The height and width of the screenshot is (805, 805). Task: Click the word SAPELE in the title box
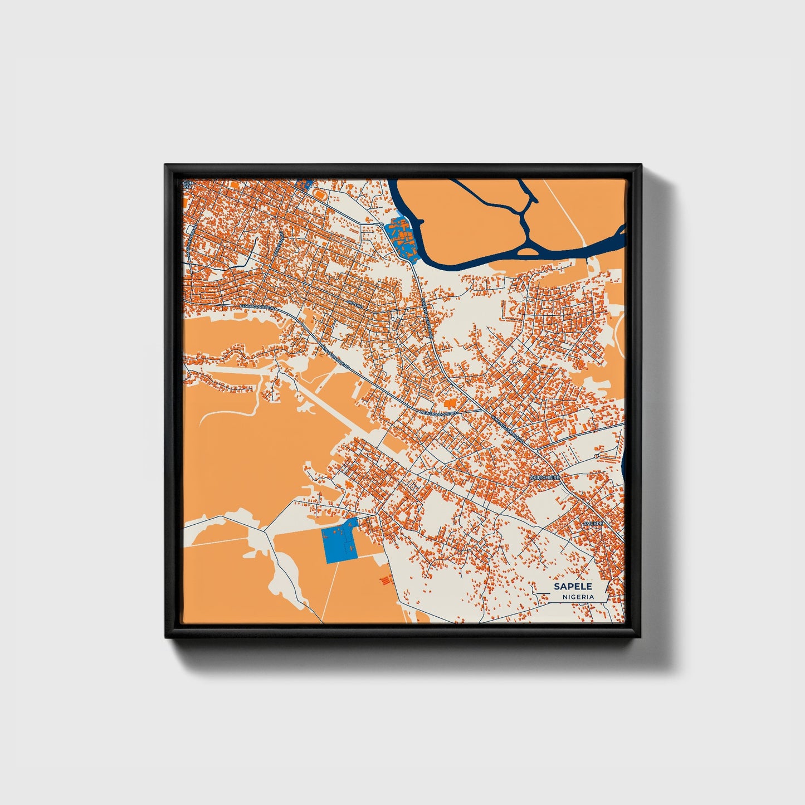coord(573,587)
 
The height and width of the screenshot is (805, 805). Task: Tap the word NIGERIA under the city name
coord(578,597)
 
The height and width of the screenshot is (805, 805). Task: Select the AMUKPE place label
coord(593,524)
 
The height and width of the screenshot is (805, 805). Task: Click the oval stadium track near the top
coord(318,193)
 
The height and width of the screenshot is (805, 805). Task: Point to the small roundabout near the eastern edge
coord(596,456)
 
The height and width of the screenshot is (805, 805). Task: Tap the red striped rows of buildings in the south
coord(384,580)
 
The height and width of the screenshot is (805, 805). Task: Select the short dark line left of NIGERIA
coord(549,597)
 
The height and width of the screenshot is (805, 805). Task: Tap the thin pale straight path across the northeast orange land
coord(563,212)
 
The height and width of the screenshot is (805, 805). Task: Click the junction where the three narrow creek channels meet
coord(524,215)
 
